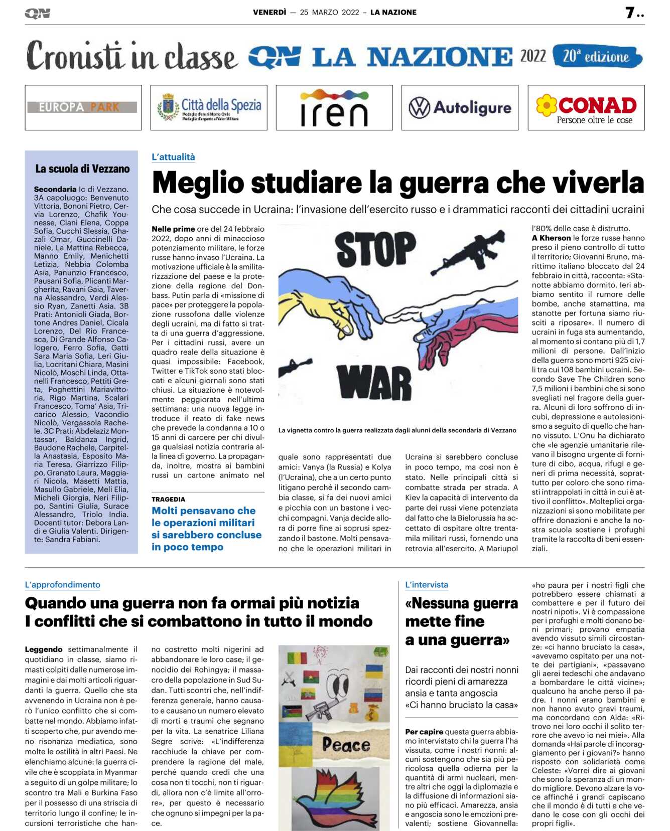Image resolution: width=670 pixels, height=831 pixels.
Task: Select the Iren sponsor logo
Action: coord(334,108)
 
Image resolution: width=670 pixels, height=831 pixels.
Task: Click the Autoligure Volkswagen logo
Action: coord(460,108)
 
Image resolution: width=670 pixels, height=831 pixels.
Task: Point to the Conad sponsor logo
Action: coord(586,108)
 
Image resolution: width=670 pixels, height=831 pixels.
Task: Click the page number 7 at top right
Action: coord(630,13)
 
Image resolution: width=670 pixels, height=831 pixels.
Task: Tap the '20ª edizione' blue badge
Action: coord(597,56)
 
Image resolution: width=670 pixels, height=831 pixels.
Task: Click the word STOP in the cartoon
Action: coord(375,250)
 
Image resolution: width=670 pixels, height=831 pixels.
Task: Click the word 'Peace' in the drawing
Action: coord(346,745)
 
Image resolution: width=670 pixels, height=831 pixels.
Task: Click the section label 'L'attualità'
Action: coord(173,157)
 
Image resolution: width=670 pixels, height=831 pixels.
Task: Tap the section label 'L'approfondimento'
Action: coord(63,585)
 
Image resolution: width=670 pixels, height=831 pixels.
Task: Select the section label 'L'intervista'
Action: coord(427,585)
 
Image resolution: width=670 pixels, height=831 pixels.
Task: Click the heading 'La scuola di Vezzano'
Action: coord(82,169)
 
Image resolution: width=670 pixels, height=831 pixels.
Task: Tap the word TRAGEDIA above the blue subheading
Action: coord(168,500)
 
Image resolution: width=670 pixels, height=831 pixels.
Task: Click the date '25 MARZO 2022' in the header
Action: coord(329,13)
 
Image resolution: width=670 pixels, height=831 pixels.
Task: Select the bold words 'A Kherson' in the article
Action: coord(551,238)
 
